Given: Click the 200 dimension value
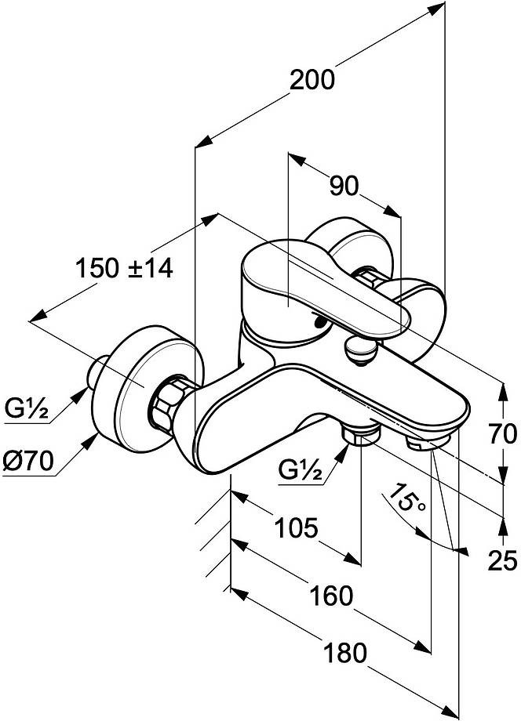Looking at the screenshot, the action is tap(312, 80).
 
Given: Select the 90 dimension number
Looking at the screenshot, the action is tap(344, 187).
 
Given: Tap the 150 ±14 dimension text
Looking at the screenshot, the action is tap(124, 268).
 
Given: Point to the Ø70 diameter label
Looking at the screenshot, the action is tap(28, 461).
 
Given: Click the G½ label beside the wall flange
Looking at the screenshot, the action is tap(27, 408).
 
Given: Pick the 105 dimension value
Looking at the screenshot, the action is tap(296, 527).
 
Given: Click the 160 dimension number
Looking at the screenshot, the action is tap(331, 596).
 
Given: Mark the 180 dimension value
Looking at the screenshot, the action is tap(344, 653).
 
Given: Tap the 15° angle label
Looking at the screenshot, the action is tap(407, 499).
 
